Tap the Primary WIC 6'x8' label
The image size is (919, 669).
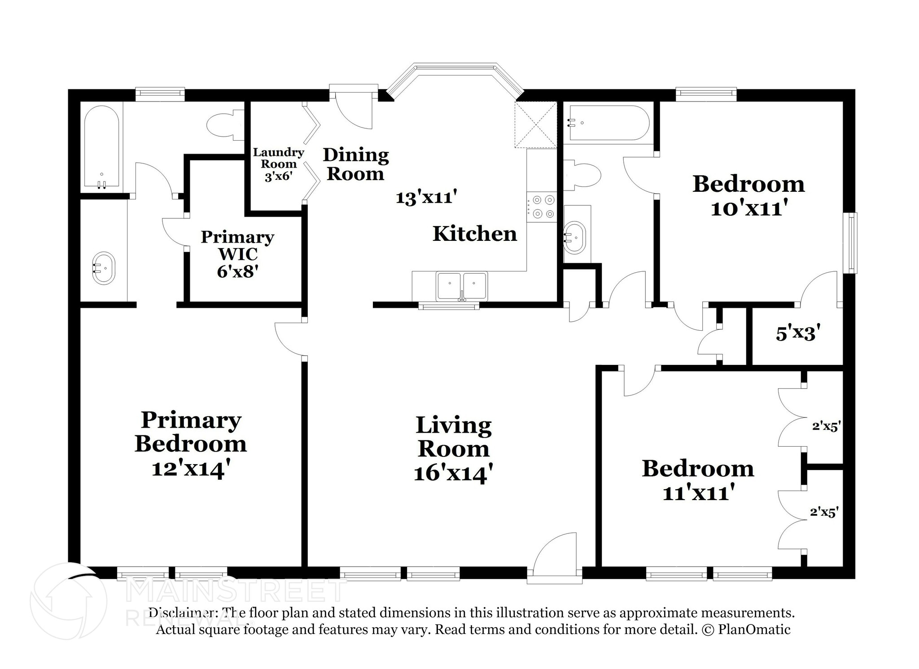pos(237,254)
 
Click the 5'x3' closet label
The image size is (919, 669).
pos(798,333)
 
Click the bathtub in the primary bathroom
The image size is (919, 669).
pos(102,146)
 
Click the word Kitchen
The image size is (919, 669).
pos(475,234)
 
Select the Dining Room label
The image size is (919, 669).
pos(356,164)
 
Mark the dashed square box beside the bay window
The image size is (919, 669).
pos(536,125)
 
